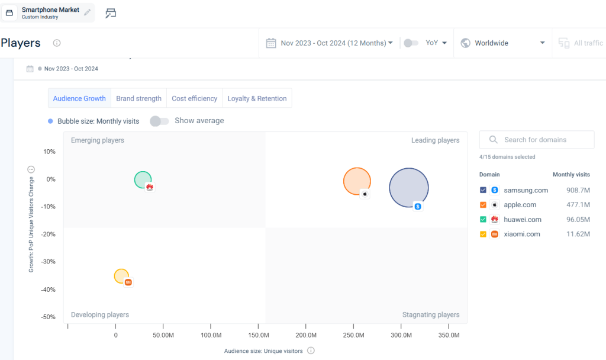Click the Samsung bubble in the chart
[408, 188]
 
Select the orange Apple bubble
[357, 181]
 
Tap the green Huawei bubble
[143, 179]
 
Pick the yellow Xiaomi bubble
[121, 276]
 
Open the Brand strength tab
[138, 98]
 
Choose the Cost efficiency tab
[195, 98]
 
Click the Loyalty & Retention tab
[257, 98]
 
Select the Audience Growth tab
[79, 98]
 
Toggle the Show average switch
[159, 121]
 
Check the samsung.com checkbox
[483, 190]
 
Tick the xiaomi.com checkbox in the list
[483, 234]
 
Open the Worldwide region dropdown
[502, 43]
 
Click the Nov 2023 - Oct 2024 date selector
[330, 43]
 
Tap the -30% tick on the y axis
[49, 262]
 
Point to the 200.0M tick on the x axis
[306, 335]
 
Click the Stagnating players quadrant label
[430, 315]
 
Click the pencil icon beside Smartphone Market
[88, 12]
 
